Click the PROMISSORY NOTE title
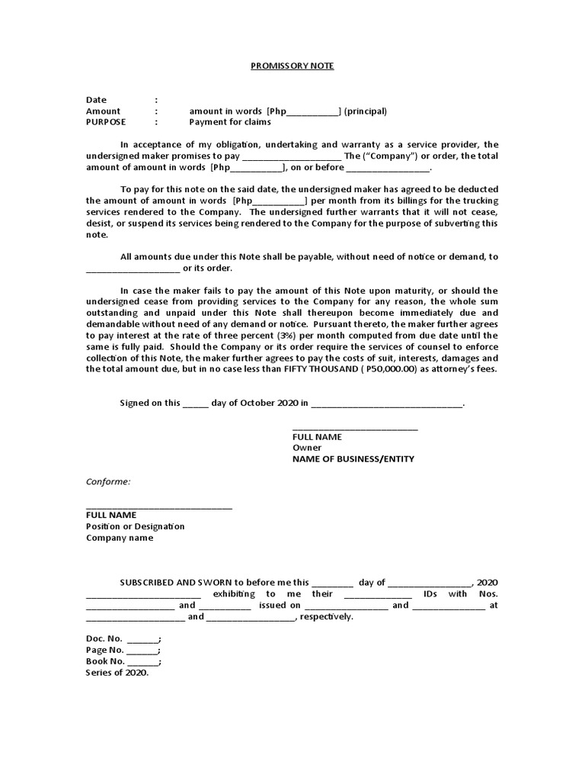pos(292,66)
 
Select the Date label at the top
pos(96,100)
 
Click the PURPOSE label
pos(106,121)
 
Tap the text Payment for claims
pos(229,121)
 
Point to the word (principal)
pos(365,111)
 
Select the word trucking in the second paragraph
pos(480,201)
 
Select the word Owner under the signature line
pos(307,448)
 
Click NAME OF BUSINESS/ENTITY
pos(353,459)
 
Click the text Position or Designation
pos(135,526)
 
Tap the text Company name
pos(119,538)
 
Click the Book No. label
pos(105,661)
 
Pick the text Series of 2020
pos(117,673)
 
